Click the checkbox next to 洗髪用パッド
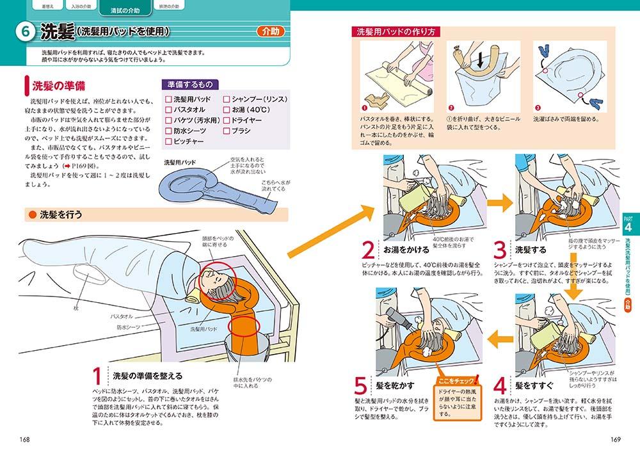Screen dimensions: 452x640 pos(168,99)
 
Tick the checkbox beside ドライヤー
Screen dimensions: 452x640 pos(227,120)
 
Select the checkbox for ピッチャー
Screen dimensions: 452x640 pos(168,141)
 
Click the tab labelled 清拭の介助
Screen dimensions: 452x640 pos(125,10)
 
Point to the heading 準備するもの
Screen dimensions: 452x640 pos(191,85)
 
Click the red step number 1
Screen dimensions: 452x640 pos(97,376)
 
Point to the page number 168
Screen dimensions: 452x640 pos(25,439)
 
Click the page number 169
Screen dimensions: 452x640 pos(616,439)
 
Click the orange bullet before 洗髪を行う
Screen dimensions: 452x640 pos(32,214)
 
